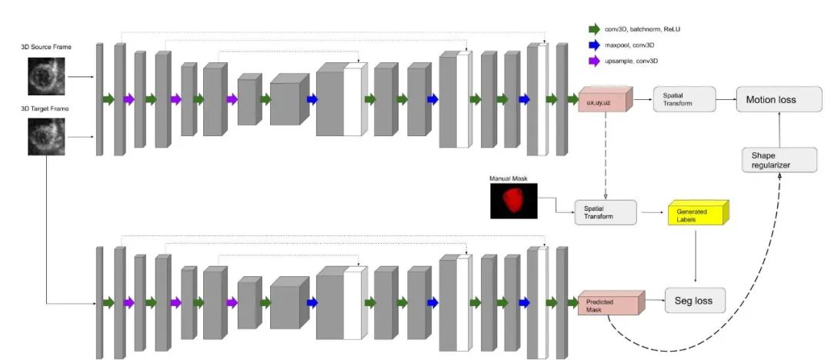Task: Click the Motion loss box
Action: (x=775, y=99)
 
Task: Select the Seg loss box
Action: (x=695, y=300)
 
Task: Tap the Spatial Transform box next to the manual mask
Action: (x=606, y=212)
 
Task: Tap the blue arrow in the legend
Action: (x=595, y=45)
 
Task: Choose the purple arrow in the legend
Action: (x=595, y=60)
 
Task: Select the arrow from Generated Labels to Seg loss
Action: (x=697, y=258)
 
